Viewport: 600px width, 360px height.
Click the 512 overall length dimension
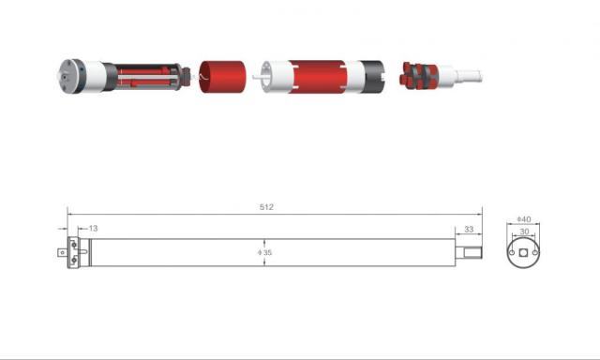point(266,207)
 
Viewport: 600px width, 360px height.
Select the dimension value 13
point(93,229)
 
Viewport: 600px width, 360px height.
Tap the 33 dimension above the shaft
point(469,229)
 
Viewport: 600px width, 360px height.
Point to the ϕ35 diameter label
point(264,252)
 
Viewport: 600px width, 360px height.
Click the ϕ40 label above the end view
point(524,219)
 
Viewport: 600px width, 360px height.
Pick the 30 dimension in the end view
point(524,232)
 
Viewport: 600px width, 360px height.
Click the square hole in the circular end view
point(523,253)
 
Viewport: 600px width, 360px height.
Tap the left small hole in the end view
point(512,252)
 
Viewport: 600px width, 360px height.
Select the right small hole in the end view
point(535,252)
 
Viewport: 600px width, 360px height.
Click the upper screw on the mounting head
point(74,244)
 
